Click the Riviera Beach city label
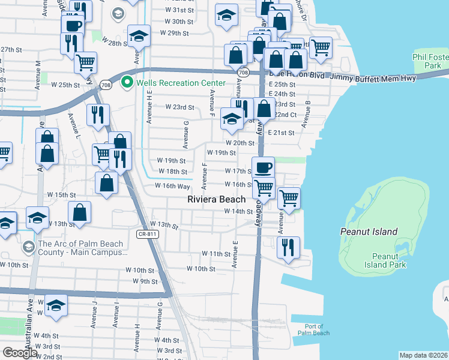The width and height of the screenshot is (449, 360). coord(216,199)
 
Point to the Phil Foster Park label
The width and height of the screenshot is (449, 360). coord(430,61)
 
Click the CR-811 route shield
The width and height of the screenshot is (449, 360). coord(146,234)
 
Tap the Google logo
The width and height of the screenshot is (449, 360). coord(20,352)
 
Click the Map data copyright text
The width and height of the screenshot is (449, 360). coord(423,355)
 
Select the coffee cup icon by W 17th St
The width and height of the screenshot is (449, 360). coord(262,167)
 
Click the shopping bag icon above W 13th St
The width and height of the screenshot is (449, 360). coord(79,212)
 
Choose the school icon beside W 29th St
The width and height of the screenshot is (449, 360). coord(139,35)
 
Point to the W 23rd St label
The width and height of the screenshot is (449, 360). coord(179,107)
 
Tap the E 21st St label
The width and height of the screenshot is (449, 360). coord(281,133)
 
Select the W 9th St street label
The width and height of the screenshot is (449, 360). coord(145,281)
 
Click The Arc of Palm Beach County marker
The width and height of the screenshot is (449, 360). coord(28,247)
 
